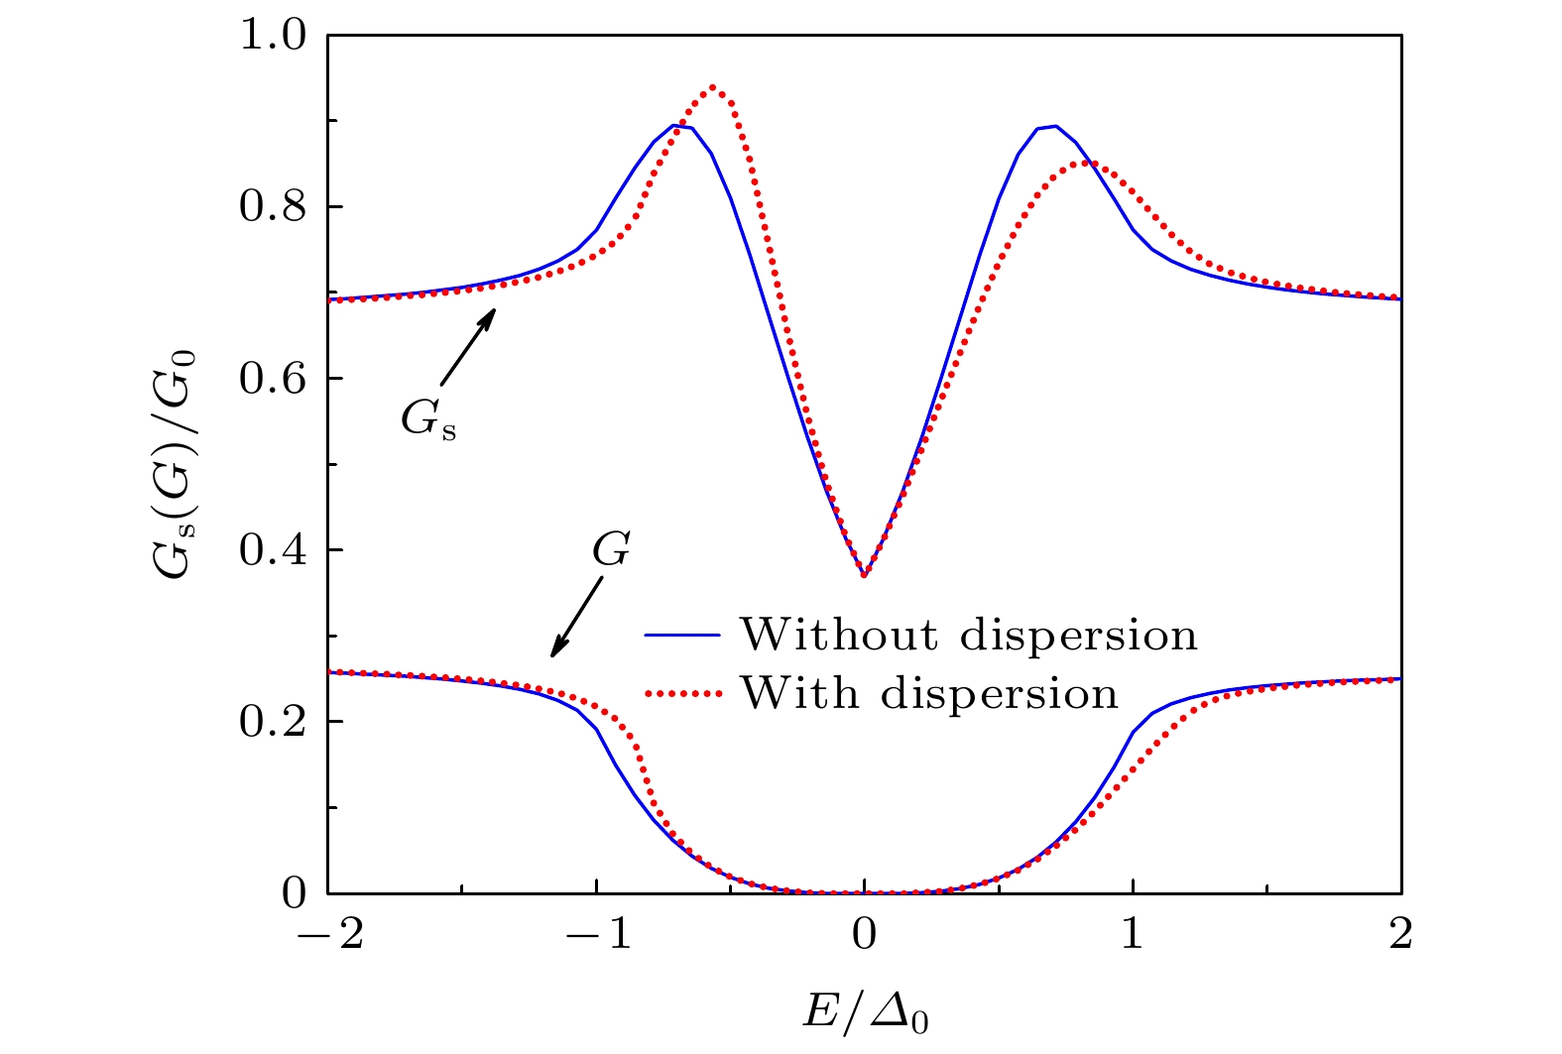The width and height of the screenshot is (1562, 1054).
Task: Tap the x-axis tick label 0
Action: point(865,934)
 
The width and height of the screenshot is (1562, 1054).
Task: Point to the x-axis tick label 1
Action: point(1133,934)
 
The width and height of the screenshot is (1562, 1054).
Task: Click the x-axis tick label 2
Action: point(1400,934)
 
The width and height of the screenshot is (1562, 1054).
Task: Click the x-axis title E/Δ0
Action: point(865,1012)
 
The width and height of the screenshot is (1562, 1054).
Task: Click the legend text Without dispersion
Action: point(968,636)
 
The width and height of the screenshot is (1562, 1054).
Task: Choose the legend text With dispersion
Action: point(929,693)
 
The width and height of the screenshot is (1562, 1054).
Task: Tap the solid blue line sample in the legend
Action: point(682,636)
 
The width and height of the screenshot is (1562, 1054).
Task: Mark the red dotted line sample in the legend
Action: point(682,693)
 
